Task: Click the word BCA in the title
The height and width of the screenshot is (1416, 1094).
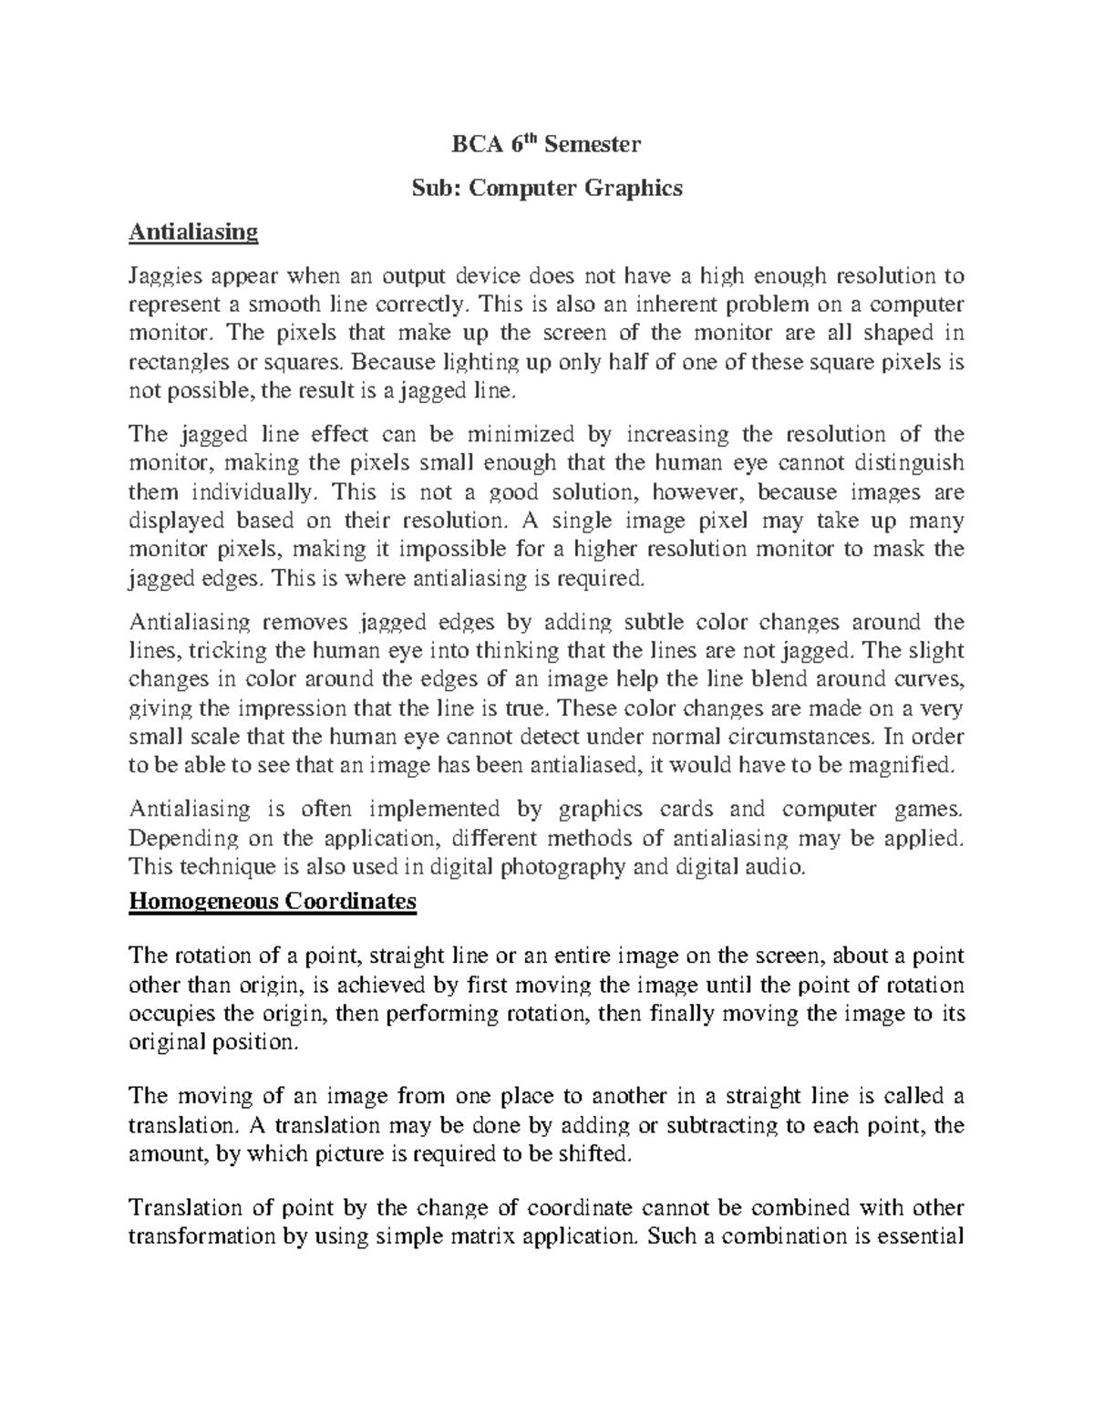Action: click(475, 144)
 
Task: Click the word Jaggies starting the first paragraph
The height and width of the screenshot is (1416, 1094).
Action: click(165, 276)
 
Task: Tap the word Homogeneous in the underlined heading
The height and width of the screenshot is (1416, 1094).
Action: click(202, 901)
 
